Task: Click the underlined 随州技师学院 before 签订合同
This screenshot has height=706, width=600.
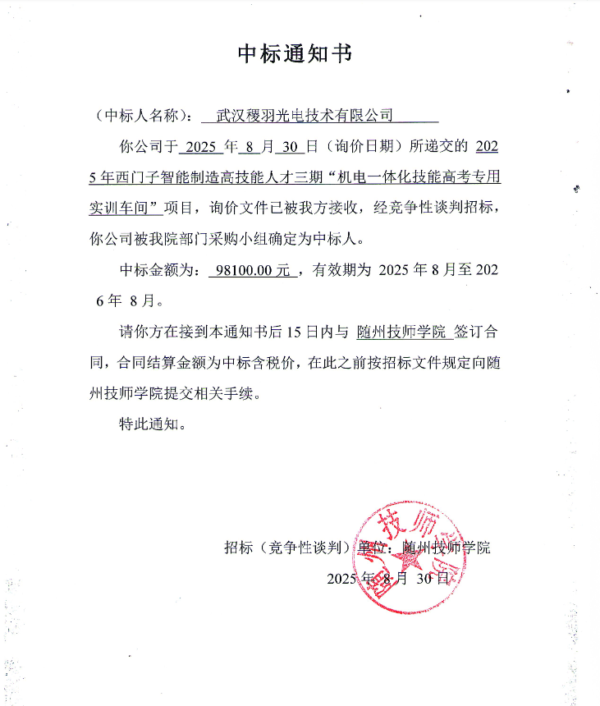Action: pyautogui.click(x=402, y=332)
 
